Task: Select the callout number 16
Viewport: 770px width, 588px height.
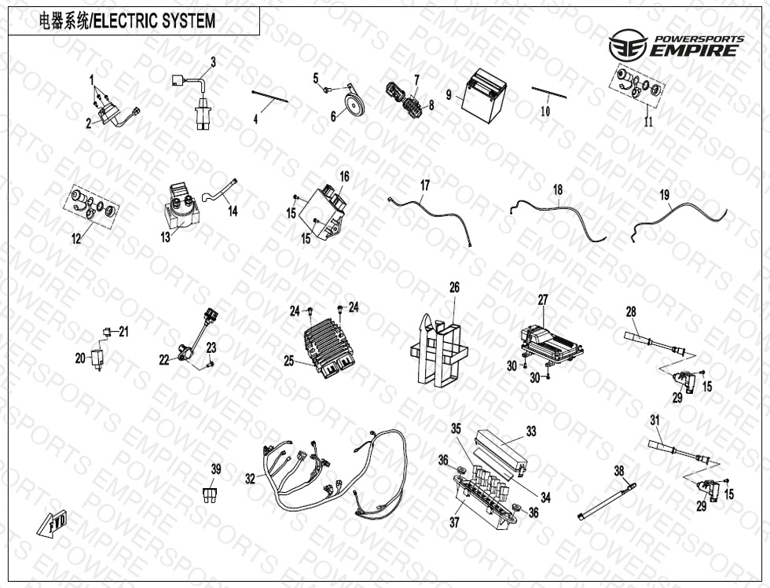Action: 344,176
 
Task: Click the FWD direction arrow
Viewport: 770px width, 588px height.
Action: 53,523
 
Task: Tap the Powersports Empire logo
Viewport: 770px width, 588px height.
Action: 676,44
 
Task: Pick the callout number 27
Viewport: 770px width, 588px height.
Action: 542,300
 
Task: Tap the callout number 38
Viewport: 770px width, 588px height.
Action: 619,471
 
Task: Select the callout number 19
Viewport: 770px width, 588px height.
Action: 664,195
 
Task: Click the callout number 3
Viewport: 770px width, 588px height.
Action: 213,62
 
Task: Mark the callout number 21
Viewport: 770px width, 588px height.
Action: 123,332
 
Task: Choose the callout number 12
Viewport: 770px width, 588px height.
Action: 76,239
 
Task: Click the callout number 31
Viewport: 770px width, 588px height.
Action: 654,421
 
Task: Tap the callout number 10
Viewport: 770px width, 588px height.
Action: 545,111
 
